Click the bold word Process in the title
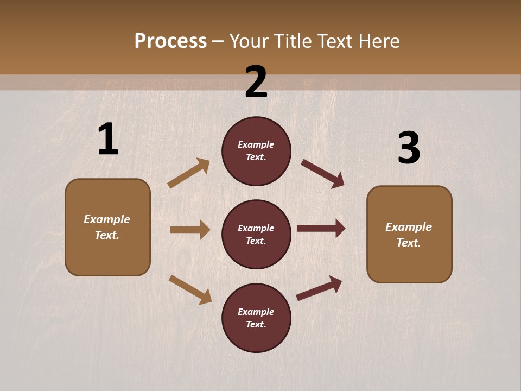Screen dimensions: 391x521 tap(170, 41)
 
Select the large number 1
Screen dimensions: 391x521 tap(108, 139)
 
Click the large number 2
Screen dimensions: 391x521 tap(256, 82)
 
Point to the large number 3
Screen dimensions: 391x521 tap(409, 148)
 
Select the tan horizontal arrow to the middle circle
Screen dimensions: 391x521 tap(190, 230)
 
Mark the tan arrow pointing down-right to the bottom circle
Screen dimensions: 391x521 tap(190, 289)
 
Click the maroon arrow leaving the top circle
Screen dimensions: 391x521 tap(323, 173)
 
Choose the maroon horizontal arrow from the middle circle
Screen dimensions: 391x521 tap(321, 228)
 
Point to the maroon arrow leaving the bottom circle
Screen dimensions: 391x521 tap(319, 288)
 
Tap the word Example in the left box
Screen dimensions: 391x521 tap(107, 219)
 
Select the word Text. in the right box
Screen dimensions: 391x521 tap(409, 243)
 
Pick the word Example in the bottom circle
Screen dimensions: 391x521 tap(256, 312)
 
